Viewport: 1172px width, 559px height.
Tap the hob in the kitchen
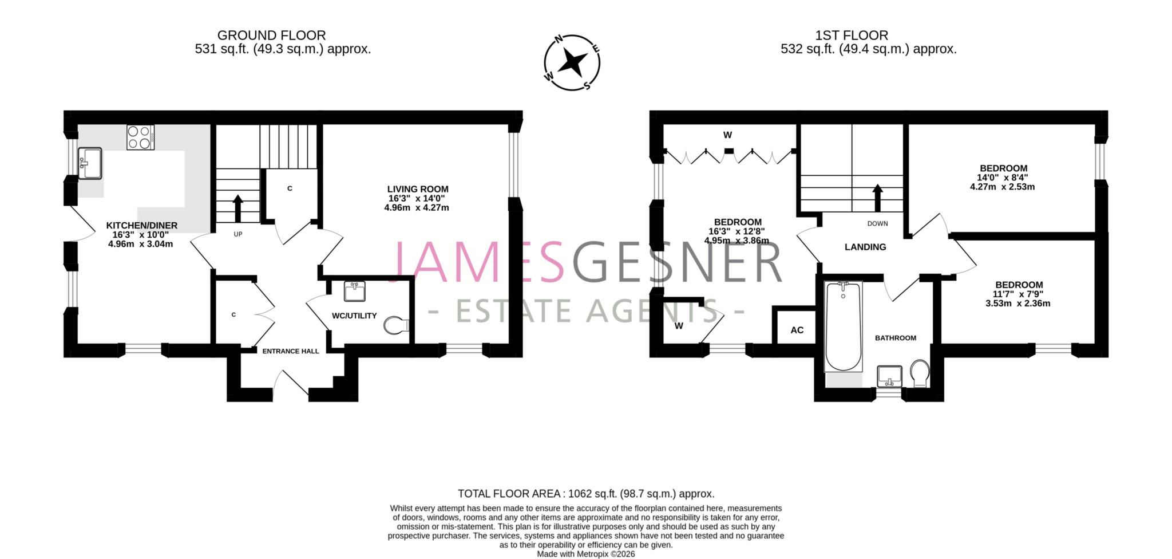pos(140,137)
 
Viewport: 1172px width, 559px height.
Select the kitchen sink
pos(90,163)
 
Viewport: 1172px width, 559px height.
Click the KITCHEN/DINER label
pos(142,226)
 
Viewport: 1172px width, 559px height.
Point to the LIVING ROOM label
pos(418,189)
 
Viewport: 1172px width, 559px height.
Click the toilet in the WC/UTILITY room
pos(396,325)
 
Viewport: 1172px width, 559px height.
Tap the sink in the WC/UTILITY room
pos(355,291)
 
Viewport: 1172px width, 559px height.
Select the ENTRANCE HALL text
pos(291,351)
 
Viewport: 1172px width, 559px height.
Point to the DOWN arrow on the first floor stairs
pos(877,197)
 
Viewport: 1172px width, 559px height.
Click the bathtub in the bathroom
pos(842,326)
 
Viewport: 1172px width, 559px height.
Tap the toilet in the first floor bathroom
pos(920,372)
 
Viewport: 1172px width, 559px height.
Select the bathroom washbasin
pos(889,376)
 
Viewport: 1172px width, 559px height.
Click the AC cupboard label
pos(797,330)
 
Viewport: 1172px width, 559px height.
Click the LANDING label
pos(865,247)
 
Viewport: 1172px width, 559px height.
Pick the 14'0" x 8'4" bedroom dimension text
pos(1003,178)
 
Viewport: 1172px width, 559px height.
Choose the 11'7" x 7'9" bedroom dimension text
pos(1019,294)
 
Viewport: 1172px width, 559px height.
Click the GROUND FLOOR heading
pos(271,36)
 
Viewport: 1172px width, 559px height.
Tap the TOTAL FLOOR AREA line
pos(586,494)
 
